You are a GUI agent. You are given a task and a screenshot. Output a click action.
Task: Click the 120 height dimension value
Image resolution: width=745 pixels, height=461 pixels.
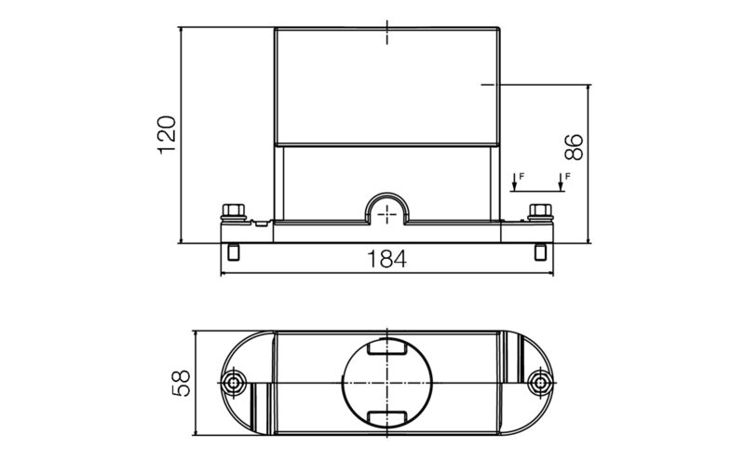coord(166,135)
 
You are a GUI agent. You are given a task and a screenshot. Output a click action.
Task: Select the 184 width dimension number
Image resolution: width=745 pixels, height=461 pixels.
coord(386,261)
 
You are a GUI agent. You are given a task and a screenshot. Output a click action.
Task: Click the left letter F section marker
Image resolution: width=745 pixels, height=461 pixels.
coord(521,174)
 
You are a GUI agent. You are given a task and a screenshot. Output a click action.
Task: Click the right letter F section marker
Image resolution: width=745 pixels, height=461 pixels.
coord(567,174)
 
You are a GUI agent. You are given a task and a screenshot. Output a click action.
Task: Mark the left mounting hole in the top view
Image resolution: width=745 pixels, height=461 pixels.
coord(236,383)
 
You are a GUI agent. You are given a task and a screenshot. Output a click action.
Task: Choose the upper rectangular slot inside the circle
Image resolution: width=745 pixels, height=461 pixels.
coord(386,350)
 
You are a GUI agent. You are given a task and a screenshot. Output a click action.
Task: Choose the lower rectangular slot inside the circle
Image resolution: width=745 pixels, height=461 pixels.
coord(386,416)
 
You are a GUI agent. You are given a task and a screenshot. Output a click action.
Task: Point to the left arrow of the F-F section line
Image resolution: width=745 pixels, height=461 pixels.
coord(514,183)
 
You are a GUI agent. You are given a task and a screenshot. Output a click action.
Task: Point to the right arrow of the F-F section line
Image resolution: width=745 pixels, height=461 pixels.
coord(560,183)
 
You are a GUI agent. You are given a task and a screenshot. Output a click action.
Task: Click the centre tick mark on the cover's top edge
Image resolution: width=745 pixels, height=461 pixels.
coord(386,34)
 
